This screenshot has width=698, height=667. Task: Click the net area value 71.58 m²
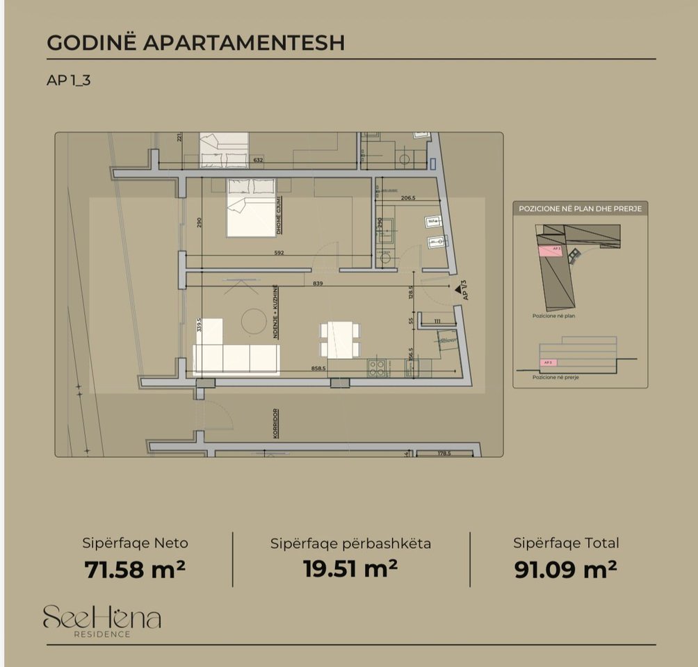(135, 569)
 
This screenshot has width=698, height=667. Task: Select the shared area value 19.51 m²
(350, 568)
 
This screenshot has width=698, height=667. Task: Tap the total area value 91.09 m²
(566, 569)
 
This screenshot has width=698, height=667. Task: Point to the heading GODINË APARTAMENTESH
(195, 42)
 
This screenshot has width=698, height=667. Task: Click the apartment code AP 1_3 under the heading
(69, 80)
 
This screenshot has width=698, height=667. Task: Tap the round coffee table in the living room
(253, 320)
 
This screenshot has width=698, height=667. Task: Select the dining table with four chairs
(341, 339)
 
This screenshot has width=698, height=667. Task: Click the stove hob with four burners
(376, 367)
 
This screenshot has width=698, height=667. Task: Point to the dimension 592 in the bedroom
(279, 253)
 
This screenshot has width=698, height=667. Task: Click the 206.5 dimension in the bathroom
(408, 198)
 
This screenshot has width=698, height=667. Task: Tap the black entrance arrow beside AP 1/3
(458, 285)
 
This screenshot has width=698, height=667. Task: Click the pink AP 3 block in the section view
(549, 362)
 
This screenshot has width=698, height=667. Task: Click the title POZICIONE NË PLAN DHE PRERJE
(580, 208)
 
